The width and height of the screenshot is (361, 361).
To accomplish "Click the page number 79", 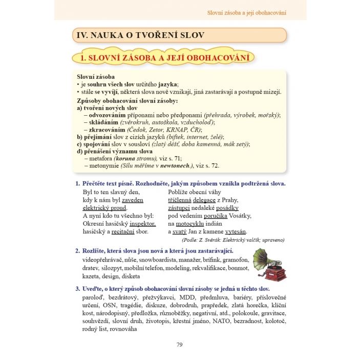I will point(179,345).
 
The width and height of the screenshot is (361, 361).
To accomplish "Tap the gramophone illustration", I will point(269,265).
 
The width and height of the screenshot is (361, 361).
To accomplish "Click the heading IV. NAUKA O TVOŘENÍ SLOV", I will point(140,35).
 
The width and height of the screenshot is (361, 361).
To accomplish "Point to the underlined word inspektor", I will point(142,223).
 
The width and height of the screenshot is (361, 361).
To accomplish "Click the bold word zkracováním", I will point(107,130).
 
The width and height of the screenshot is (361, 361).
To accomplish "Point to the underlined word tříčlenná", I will point(179,200).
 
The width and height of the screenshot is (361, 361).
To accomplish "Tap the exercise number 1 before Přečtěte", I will point(77,183).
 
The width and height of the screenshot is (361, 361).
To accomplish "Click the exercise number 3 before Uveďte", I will point(77,289).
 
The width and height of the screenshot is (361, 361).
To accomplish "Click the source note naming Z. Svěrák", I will point(233,240).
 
